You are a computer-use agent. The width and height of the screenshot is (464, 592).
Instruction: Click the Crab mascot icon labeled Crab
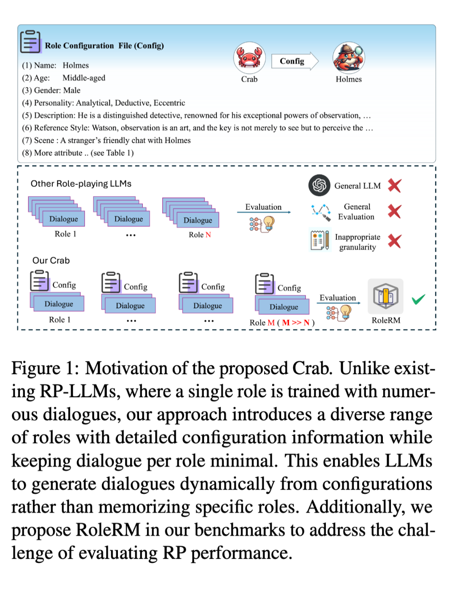(249, 58)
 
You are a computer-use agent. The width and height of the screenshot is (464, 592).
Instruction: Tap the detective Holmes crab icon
(349, 58)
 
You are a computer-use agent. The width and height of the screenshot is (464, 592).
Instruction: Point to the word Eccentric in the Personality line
(169, 103)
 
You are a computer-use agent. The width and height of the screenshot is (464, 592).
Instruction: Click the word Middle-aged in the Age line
(84, 78)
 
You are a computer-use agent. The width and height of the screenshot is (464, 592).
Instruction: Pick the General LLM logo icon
(319, 185)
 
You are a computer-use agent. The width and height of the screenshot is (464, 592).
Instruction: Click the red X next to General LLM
(394, 185)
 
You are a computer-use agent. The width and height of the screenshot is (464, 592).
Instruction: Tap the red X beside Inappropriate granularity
(394, 241)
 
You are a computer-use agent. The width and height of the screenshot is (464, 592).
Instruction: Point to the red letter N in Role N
(208, 235)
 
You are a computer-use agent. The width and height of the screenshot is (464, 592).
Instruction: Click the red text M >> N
(296, 323)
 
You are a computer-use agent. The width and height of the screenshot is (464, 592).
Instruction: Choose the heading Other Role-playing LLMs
(81, 184)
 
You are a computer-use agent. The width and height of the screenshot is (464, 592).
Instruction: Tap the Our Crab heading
(51, 260)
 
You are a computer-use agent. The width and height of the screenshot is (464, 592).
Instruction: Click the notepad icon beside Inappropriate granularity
(319, 240)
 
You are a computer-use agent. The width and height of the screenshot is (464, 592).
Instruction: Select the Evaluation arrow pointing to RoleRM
(339, 303)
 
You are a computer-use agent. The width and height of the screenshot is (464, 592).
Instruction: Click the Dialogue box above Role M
(284, 307)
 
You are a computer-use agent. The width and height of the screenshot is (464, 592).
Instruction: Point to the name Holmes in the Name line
(76, 65)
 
